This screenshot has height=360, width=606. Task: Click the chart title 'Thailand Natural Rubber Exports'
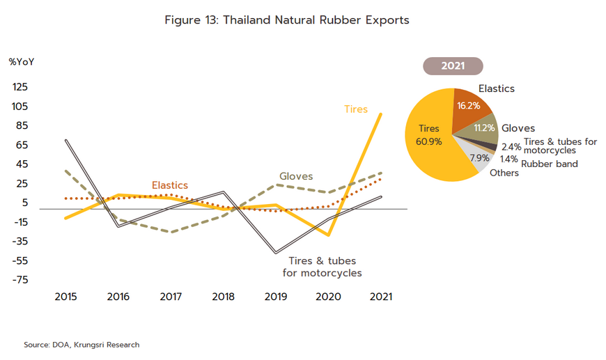click(x=286, y=20)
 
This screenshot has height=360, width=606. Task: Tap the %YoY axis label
click(x=22, y=61)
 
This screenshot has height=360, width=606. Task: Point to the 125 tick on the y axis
click(x=20, y=87)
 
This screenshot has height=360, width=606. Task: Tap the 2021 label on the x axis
click(x=380, y=297)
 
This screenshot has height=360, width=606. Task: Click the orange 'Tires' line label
click(x=356, y=109)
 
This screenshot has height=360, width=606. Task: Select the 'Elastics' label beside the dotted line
click(x=170, y=185)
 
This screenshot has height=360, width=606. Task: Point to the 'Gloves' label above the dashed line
click(x=296, y=176)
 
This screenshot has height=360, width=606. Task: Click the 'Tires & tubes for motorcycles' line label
click(x=322, y=267)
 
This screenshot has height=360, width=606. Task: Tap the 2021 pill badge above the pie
click(x=453, y=66)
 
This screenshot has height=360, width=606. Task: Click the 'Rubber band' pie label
click(x=550, y=164)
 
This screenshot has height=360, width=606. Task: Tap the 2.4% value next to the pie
click(x=511, y=147)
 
